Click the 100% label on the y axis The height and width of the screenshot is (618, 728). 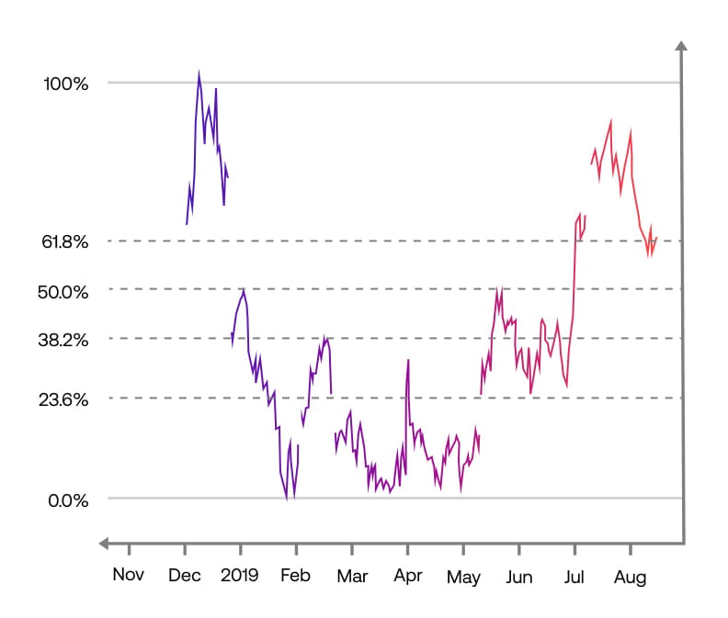(65, 84)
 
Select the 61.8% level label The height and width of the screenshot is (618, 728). (65, 242)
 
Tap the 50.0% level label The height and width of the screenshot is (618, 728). (65, 291)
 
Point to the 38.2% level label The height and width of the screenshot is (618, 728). (65, 339)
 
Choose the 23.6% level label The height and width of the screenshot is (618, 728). (65, 399)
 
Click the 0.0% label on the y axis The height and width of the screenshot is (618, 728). (68, 500)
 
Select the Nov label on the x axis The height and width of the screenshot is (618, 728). (129, 577)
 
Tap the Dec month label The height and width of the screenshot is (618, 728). (185, 577)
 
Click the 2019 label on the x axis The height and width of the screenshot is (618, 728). (241, 577)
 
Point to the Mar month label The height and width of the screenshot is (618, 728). (352, 577)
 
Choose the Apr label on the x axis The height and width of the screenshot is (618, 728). (407, 577)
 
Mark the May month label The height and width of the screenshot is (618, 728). (463, 577)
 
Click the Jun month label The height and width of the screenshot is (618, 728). (519, 577)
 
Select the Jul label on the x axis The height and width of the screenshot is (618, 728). (574, 577)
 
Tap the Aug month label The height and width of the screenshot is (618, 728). (631, 577)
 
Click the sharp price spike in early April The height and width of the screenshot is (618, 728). (407, 361)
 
